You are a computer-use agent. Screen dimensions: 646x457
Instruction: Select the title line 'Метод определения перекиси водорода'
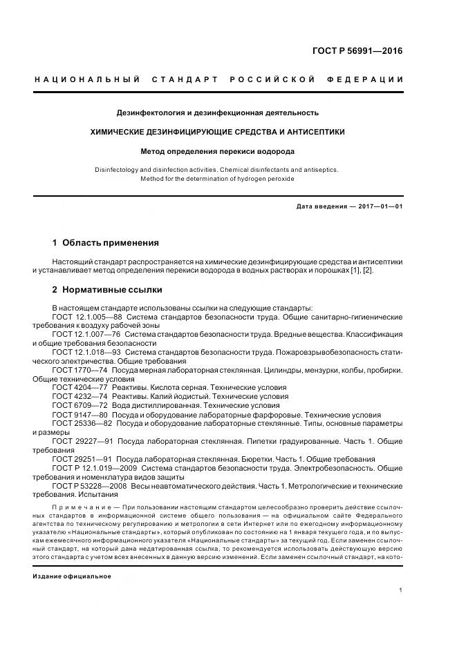[217, 150]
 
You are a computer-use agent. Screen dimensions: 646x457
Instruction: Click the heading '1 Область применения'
[105, 243]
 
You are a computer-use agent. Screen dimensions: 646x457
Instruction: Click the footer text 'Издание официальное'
[72, 576]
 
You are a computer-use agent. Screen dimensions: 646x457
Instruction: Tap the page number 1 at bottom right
[401, 589]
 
